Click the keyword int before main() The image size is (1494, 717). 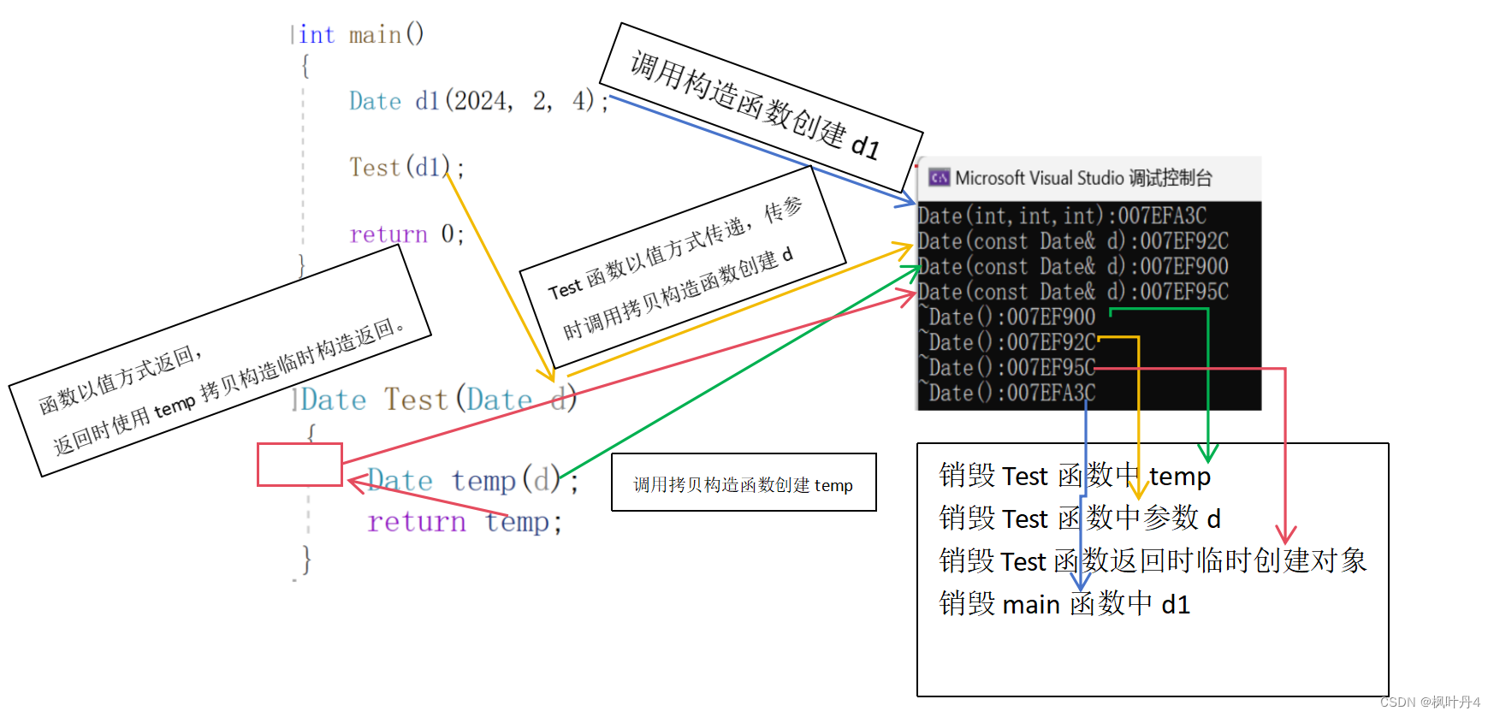point(316,35)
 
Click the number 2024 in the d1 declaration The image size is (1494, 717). point(480,101)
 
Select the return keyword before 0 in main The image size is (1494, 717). point(388,234)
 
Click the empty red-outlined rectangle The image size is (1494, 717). point(299,465)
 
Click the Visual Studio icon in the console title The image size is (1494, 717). point(939,178)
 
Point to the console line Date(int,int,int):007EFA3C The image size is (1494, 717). point(1062,216)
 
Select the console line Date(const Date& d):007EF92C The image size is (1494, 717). point(1072,241)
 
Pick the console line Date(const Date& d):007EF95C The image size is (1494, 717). point(1072,292)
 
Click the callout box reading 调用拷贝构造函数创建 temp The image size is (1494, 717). point(743,485)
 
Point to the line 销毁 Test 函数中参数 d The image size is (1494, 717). point(1079,518)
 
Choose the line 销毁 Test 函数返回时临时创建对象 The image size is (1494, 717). point(1152,561)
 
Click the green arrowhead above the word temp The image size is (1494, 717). point(1207,453)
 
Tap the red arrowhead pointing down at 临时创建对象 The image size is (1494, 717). point(1285,534)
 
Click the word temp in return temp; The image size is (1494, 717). point(518,522)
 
